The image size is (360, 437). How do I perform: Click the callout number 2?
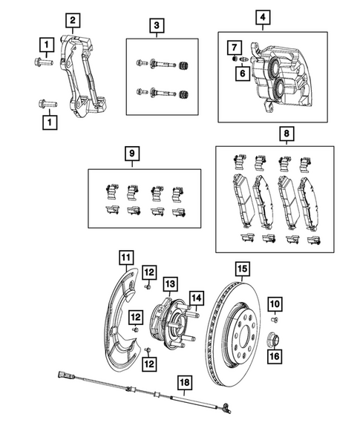click(x=72, y=20)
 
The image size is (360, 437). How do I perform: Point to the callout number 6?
click(x=241, y=73)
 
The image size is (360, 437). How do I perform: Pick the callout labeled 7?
click(x=232, y=49)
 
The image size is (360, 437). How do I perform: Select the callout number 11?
click(x=127, y=258)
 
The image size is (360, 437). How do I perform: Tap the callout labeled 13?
click(x=169, y=283)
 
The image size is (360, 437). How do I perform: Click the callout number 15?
click(x=240, y=269)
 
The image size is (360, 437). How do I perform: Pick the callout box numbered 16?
click(x=275, y=355)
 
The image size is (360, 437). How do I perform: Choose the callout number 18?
click(x=183, y=381)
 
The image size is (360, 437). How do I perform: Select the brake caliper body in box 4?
click(x=286, y=78)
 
